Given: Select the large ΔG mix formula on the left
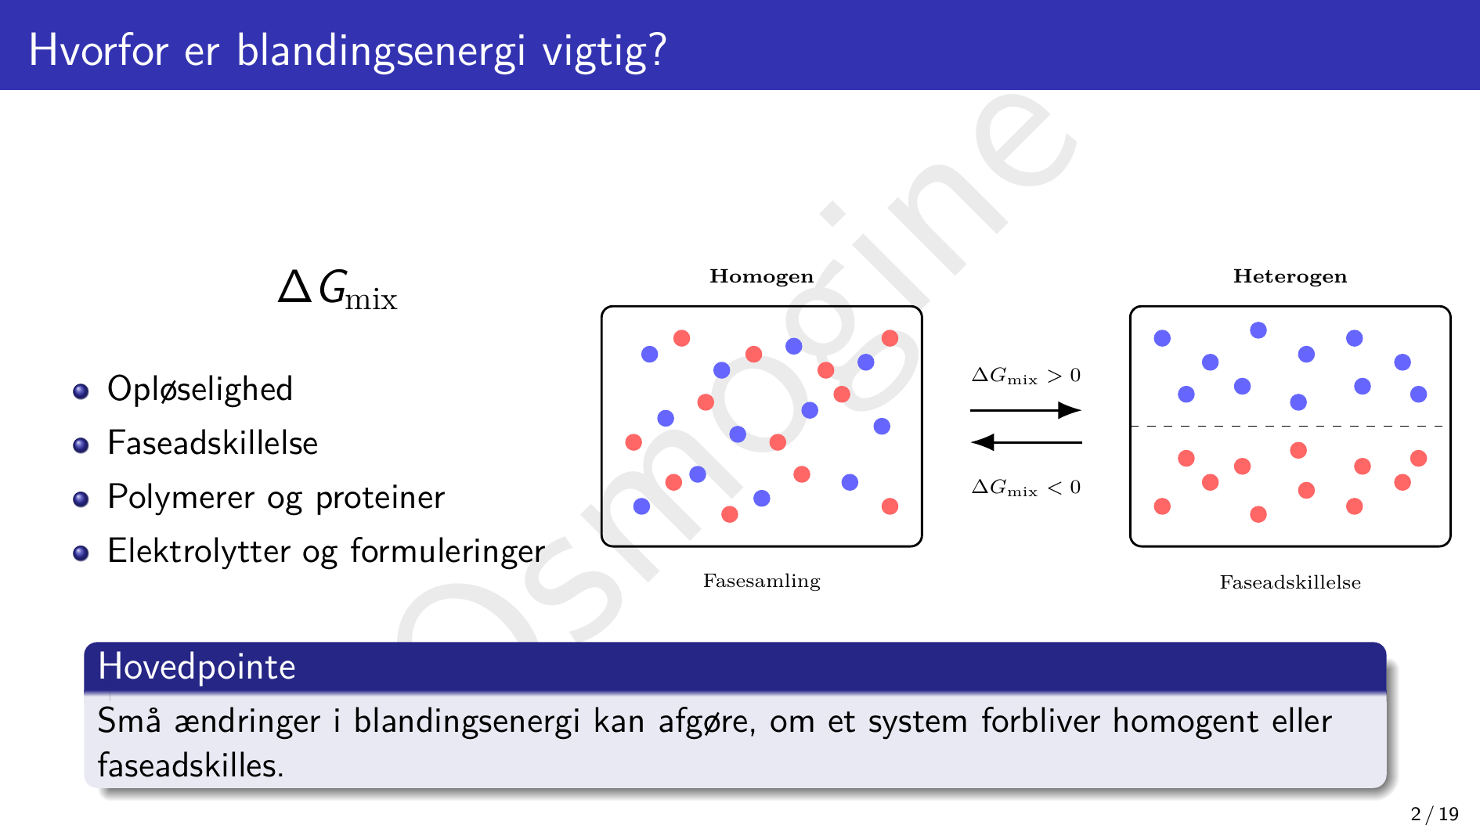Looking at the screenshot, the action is [338, 290].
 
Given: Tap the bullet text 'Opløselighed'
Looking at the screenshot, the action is [200, 389].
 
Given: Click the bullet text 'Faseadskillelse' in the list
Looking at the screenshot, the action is [212, 443].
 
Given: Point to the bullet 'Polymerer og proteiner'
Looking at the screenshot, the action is [276, 498].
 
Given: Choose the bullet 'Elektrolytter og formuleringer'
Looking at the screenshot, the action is [326, 552].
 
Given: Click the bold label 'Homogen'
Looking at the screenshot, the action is [761, 276].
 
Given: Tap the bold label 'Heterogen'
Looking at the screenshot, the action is [1290, 276].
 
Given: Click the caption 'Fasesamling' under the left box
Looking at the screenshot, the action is [761, 581].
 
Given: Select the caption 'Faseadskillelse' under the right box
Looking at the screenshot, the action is [1290, 582].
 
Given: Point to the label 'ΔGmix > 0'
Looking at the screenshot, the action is [1026, 376].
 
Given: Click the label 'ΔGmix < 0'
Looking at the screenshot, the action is [1026, 488].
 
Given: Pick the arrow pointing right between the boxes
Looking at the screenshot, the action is [1026, 410].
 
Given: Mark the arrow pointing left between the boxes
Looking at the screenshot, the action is [1026, 442].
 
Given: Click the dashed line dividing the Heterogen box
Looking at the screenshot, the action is [1290, 427].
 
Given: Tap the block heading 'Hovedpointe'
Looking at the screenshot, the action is [197, 667].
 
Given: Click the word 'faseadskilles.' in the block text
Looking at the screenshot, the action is [190, 765].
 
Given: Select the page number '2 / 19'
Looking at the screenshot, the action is [1435, 814].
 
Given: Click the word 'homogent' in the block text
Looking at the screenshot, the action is [1186, 722].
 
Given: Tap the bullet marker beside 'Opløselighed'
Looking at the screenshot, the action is [81, 391].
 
